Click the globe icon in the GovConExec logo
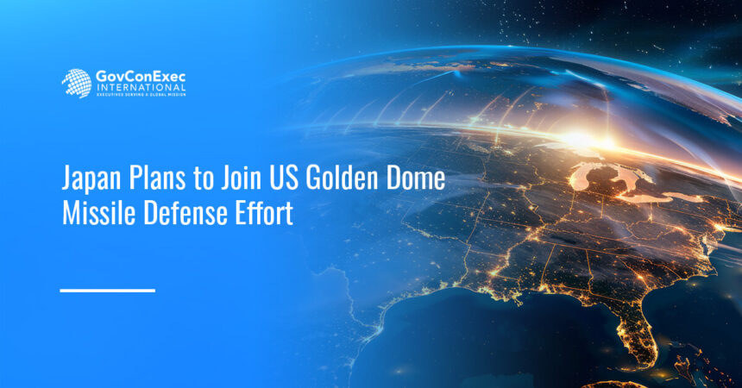76,84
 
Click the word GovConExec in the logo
138,77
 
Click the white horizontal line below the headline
107,291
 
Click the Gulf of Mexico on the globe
518,336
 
